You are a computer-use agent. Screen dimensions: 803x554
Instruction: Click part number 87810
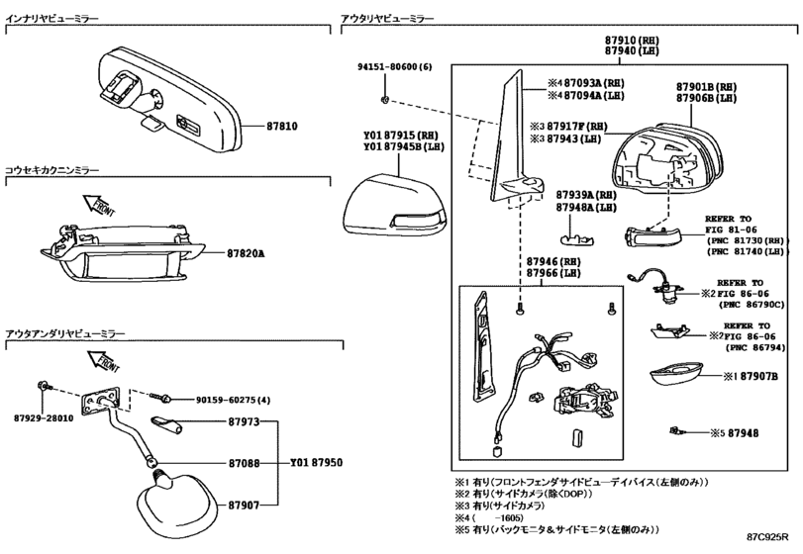pos(281,126)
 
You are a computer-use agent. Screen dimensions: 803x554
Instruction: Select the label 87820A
pos(246,253)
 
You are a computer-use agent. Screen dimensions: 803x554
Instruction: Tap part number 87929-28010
pos(44,417)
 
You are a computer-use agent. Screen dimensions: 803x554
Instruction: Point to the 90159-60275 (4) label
pos(233,400)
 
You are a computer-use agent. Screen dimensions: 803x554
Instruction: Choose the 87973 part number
pos(244,421)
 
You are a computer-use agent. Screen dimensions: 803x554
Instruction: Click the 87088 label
pos(244,463)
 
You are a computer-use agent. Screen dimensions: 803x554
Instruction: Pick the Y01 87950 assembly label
pos(317,462)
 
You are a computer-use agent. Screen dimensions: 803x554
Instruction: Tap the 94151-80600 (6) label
pos(394,66)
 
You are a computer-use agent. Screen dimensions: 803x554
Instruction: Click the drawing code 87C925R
pos(767,536)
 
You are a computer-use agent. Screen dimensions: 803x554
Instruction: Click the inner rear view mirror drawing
pos(169,99)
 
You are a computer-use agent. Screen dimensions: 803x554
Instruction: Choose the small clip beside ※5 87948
pos(675,431)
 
